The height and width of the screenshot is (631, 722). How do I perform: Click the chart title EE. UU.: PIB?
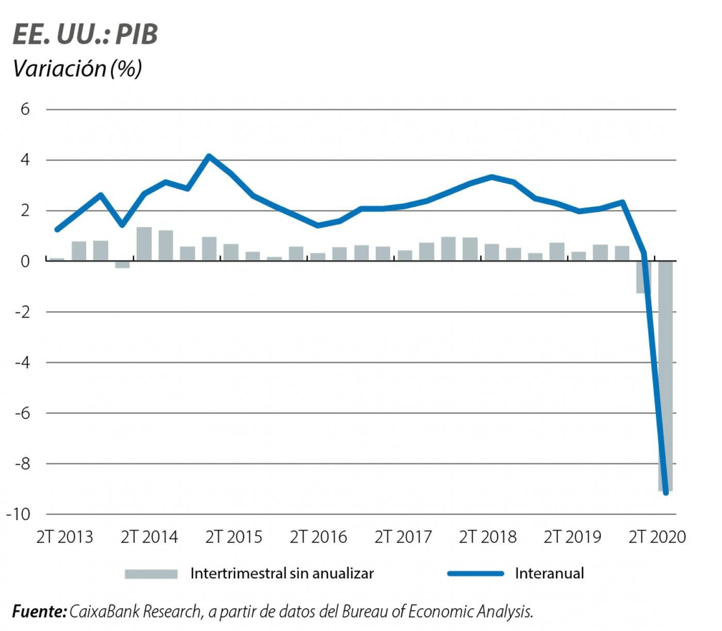pos(85,36)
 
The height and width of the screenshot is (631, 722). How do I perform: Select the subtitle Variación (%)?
pos(77,69)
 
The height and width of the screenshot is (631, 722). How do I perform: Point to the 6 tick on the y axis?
pos(25,109)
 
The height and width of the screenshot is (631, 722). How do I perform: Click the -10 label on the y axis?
pos(19,514)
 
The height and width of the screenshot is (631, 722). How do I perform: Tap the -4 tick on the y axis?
pos(22,362)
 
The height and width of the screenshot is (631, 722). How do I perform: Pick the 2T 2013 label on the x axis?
pos(64,537)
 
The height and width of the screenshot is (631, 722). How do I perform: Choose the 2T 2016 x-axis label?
pos(318,537)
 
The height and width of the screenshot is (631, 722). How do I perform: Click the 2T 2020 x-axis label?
pos(656,537)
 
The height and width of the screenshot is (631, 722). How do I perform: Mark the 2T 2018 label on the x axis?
pos(487,537)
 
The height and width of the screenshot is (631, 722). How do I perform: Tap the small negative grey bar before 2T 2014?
pos(122,264)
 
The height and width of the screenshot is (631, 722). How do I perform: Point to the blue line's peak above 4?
pos(209,156)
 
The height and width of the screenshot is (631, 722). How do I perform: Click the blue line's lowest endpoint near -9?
pos(666,493)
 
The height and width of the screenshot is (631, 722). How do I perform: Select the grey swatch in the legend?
pos(151,574)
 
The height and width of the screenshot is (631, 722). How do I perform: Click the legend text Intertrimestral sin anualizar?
pos(282,574)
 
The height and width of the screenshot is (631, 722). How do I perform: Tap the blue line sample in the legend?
pos(476,574)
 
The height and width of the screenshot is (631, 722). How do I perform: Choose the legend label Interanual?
pos(549,574)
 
